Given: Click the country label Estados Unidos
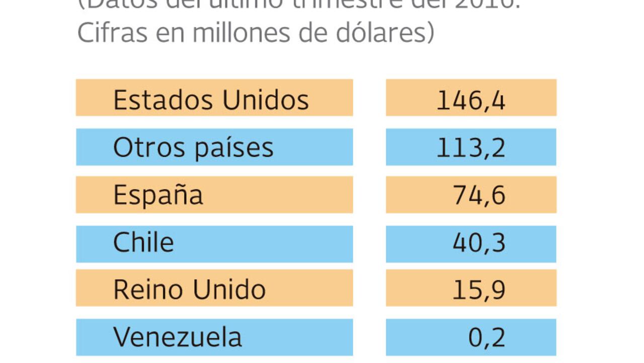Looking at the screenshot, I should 211,99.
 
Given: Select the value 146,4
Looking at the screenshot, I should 470,99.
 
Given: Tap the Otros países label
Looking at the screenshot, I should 193,148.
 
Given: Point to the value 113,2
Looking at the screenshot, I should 470,148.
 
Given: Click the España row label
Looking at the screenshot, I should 158,195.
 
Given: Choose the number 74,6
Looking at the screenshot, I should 479,195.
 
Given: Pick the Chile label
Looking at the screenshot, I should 143,243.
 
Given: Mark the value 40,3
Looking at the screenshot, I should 479,243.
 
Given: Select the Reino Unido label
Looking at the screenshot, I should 189,289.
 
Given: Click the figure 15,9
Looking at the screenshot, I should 479,289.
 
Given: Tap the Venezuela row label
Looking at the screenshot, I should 177,337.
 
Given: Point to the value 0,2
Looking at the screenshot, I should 487,337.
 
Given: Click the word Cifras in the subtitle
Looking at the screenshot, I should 106,33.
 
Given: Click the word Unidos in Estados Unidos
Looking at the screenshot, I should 265,99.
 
